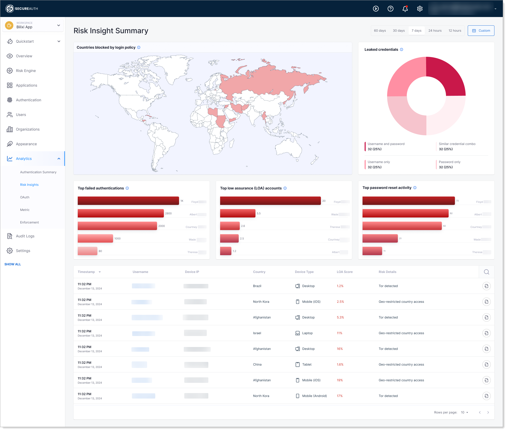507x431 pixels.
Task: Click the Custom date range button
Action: [x=481, y=31]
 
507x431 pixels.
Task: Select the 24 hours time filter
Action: [x=435, y=31]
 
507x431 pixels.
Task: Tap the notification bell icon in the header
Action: [x=405, y=9]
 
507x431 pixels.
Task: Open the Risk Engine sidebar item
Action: [x=26, y=71]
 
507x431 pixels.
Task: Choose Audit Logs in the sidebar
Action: [x=25, y=236]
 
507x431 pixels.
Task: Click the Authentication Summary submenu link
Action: [x=38, y=172]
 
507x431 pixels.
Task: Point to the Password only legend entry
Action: [x=449, y=165]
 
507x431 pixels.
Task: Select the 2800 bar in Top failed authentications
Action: [x=121, y=213]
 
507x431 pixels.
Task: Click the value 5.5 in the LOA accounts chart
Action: [x=259, y=214]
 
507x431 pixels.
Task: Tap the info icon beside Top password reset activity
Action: [x=415, y=188]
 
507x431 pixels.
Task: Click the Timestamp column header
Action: [x=86, y=272]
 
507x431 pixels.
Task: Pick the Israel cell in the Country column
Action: [x=257, y=333]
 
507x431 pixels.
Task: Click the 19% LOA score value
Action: [x=339, y=380]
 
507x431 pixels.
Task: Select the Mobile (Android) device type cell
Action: [x=314, y=396]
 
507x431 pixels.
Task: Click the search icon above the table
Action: [x=486, y=272]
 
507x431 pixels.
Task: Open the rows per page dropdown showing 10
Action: [x=464, y=412]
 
